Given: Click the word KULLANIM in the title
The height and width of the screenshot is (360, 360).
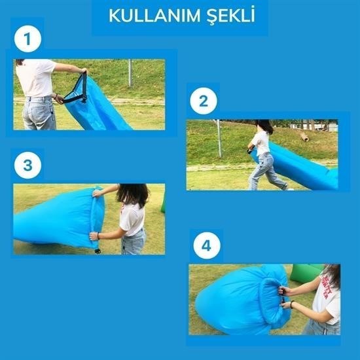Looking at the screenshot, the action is click(x=155, y=16).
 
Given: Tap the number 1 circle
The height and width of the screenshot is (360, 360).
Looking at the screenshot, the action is click(x=27, y=39).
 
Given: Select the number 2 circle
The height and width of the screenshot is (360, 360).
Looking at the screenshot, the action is click(x=204, y=101).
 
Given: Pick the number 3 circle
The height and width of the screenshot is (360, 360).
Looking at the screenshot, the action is click(x=27, y=165).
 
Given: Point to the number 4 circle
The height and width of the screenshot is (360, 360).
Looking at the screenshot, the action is click(x=207, y=245).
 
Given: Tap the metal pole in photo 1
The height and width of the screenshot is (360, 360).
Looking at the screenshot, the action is click(x=130, y=73).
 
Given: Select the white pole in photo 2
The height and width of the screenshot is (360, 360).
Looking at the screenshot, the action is click(x=219, y=139).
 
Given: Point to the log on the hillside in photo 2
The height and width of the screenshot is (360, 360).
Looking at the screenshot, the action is click(x=305, y=137).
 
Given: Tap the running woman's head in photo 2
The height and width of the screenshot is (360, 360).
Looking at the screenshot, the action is click(x=264, y=126).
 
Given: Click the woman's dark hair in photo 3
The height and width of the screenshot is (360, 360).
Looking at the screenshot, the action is click(x=133, y=194).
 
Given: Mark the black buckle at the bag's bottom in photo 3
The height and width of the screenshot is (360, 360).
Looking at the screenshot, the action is click(x=98, y=251).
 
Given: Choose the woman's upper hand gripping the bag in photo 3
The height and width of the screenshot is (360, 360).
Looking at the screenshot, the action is click(x=97, y=194).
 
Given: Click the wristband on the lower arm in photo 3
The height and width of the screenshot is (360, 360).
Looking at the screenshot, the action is click(x=98, y=236).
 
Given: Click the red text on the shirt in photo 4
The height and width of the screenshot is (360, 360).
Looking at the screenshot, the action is click(x=327, y=287).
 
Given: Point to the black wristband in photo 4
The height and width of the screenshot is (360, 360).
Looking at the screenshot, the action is click(x=291, y=304).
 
